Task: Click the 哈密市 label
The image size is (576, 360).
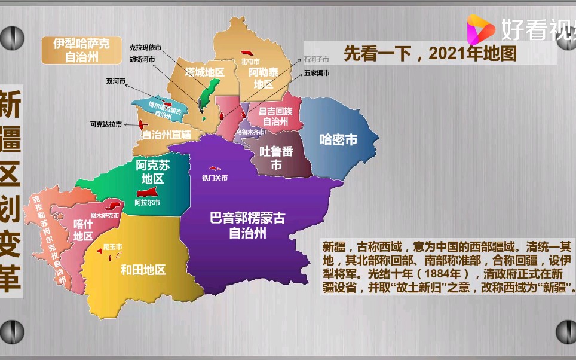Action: click(338, 140)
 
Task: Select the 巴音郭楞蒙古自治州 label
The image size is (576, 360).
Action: click(247, 225)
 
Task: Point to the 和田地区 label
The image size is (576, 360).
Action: click(143, 270)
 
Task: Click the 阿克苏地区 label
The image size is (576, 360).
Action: click(152, 172)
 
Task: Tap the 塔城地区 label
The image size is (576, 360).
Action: click(204, 72)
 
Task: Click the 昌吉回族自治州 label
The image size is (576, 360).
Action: click(276, 116)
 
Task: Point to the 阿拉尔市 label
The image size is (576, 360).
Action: click(147, 203)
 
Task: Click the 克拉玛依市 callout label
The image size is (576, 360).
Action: click(146, 47)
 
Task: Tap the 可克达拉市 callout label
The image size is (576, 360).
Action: click(106, 124)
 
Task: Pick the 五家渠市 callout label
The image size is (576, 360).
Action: click(316, 73)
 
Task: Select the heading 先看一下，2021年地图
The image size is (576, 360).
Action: click(430, 54)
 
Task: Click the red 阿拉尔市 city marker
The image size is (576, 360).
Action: click(146, 193)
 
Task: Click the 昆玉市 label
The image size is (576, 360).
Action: click(112, 246)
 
